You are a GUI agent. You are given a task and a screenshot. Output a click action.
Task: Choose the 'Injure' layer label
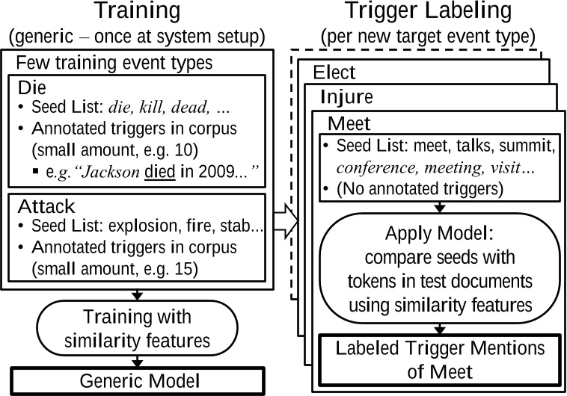tap(345, 97)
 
